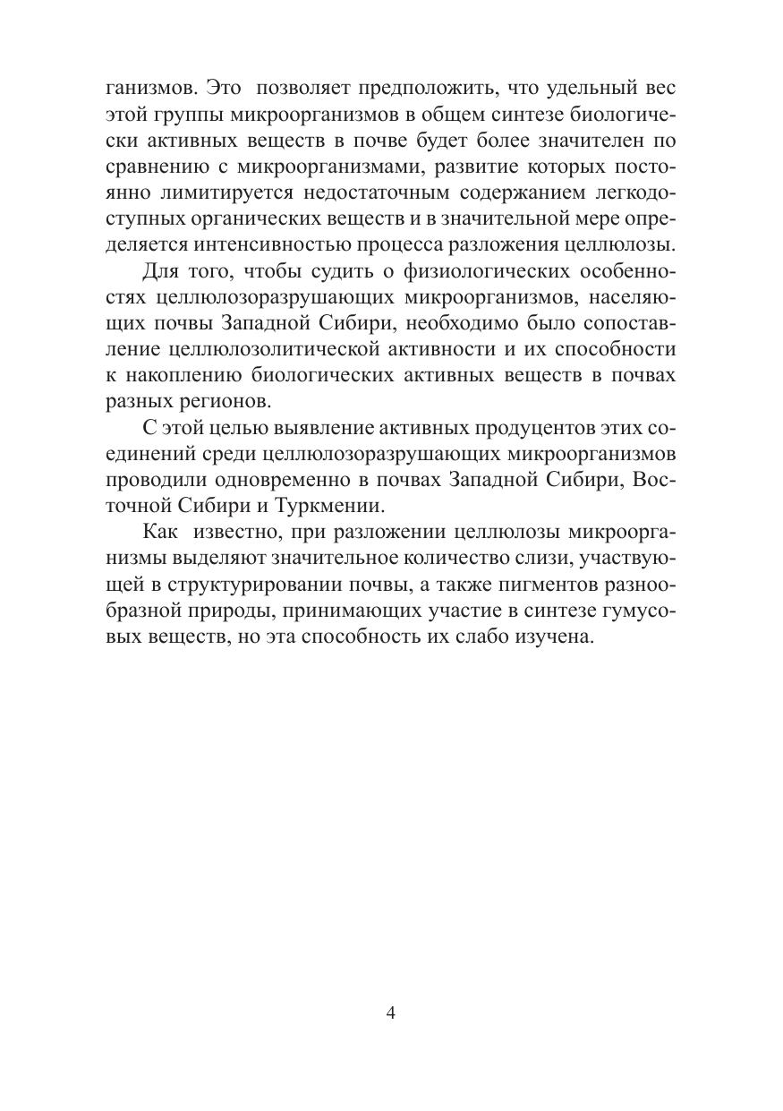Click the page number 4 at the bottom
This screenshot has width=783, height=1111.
click(x=390, y=1013)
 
